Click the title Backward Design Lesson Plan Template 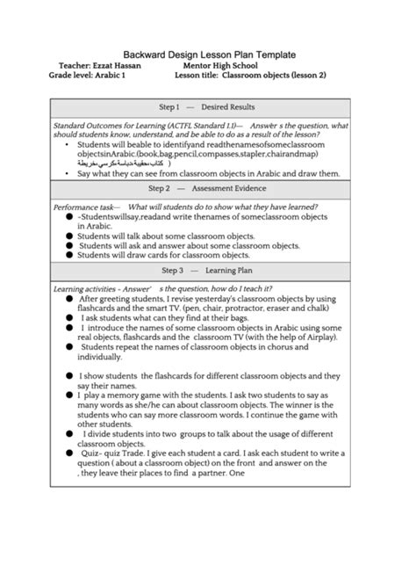point(208,54)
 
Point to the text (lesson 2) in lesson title point(309,76)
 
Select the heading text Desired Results point(228,107)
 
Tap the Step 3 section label point(170,271)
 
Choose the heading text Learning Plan point(226,271)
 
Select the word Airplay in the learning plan point(305,337)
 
